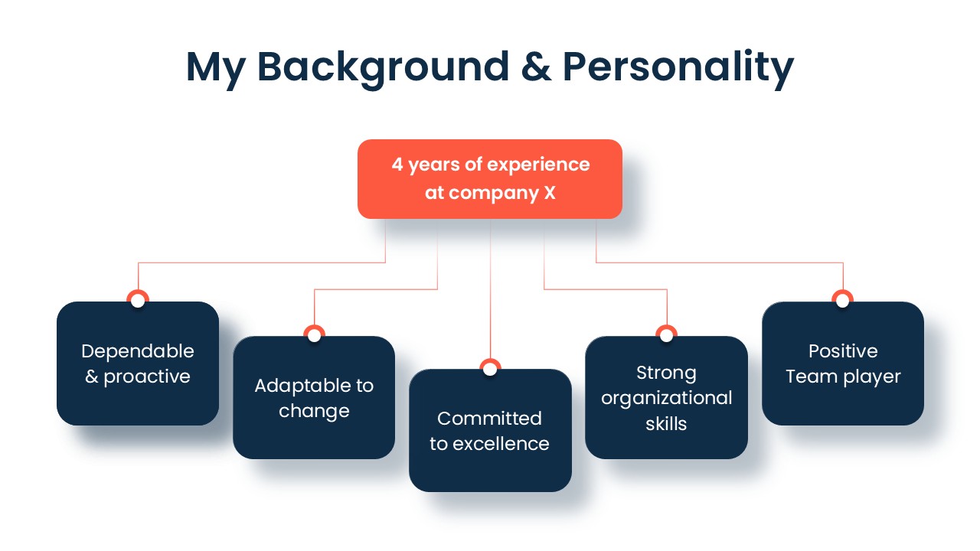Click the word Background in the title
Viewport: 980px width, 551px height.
pos(384,69)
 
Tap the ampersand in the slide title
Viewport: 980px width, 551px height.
pos(536,67)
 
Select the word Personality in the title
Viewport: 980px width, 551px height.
pos(678,69)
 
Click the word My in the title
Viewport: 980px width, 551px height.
pos(216,69)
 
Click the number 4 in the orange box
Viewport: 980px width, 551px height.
pos(397,165)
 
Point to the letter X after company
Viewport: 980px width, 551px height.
pos(550,193)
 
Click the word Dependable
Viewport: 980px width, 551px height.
pos(138,351)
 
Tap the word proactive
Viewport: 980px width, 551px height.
pos(147,377)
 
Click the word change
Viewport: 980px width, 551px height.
pos(314,412)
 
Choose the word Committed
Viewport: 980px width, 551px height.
pos(489,419)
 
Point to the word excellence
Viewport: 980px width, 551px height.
pos(501,444)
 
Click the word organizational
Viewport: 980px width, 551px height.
pos(666,399)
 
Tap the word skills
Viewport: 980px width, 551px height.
pos(666,424)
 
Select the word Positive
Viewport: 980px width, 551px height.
pos(843,351)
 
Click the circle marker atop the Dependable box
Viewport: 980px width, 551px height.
pos(138,300)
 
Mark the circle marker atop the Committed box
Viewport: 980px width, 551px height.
pos(490,368)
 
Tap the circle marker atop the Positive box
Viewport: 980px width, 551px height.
pos(843,300)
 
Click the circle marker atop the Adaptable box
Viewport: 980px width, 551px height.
pos(314,335)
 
